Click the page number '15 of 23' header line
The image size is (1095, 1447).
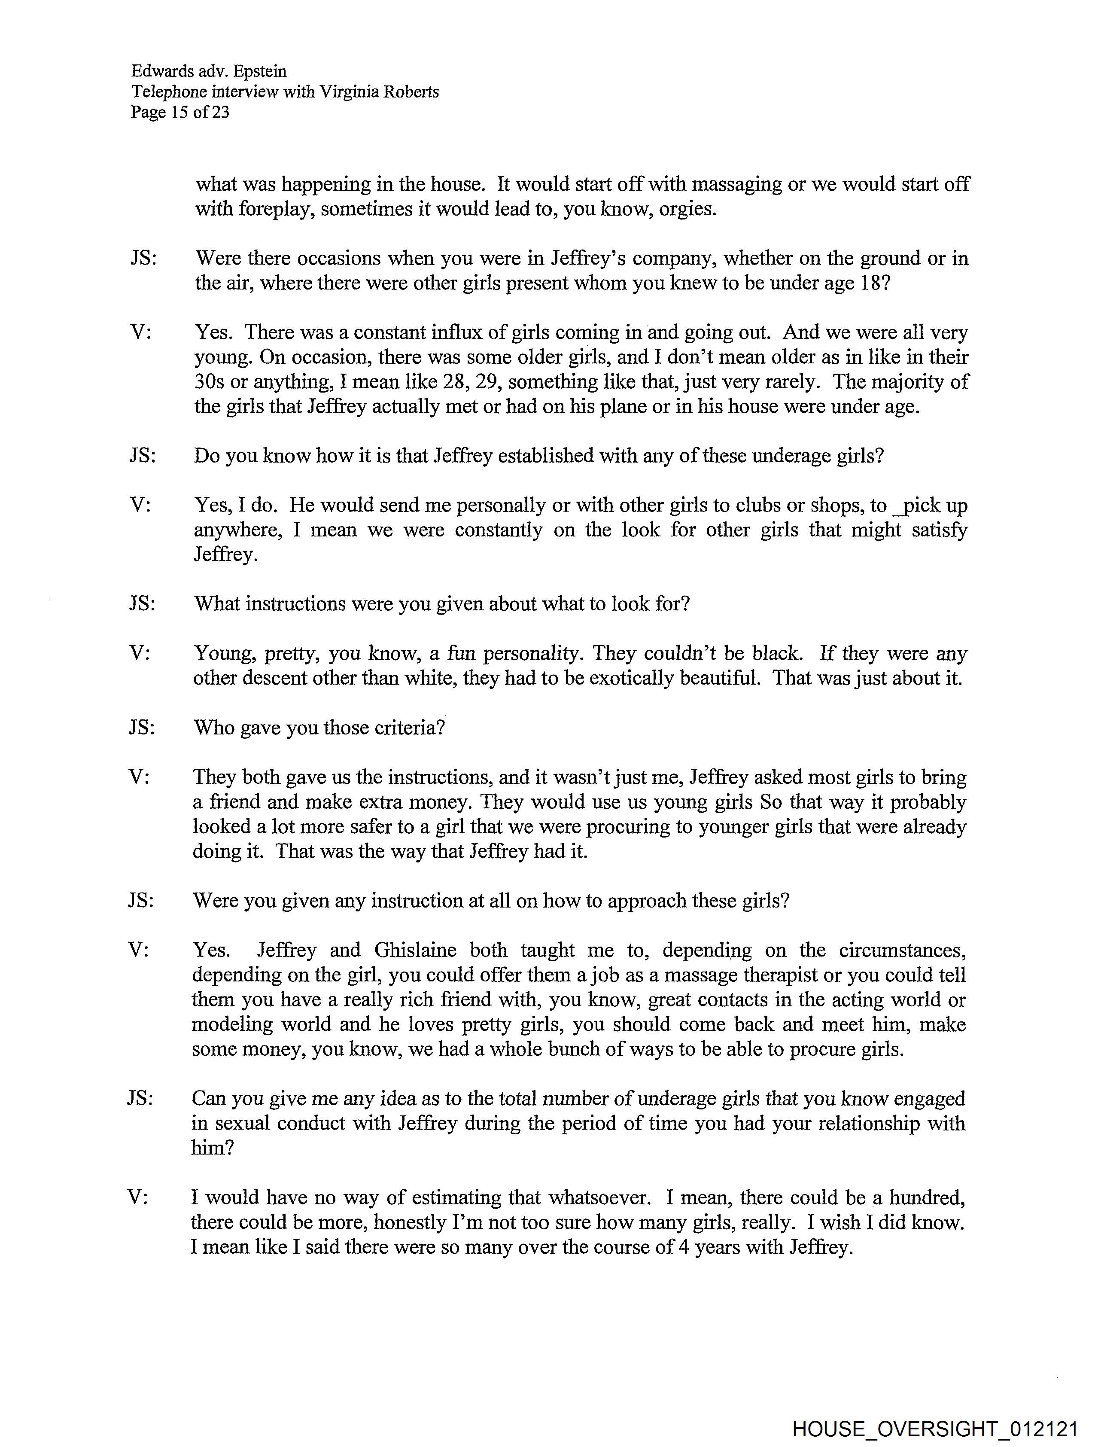point(180,113)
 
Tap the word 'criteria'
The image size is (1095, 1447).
point(408,728)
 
